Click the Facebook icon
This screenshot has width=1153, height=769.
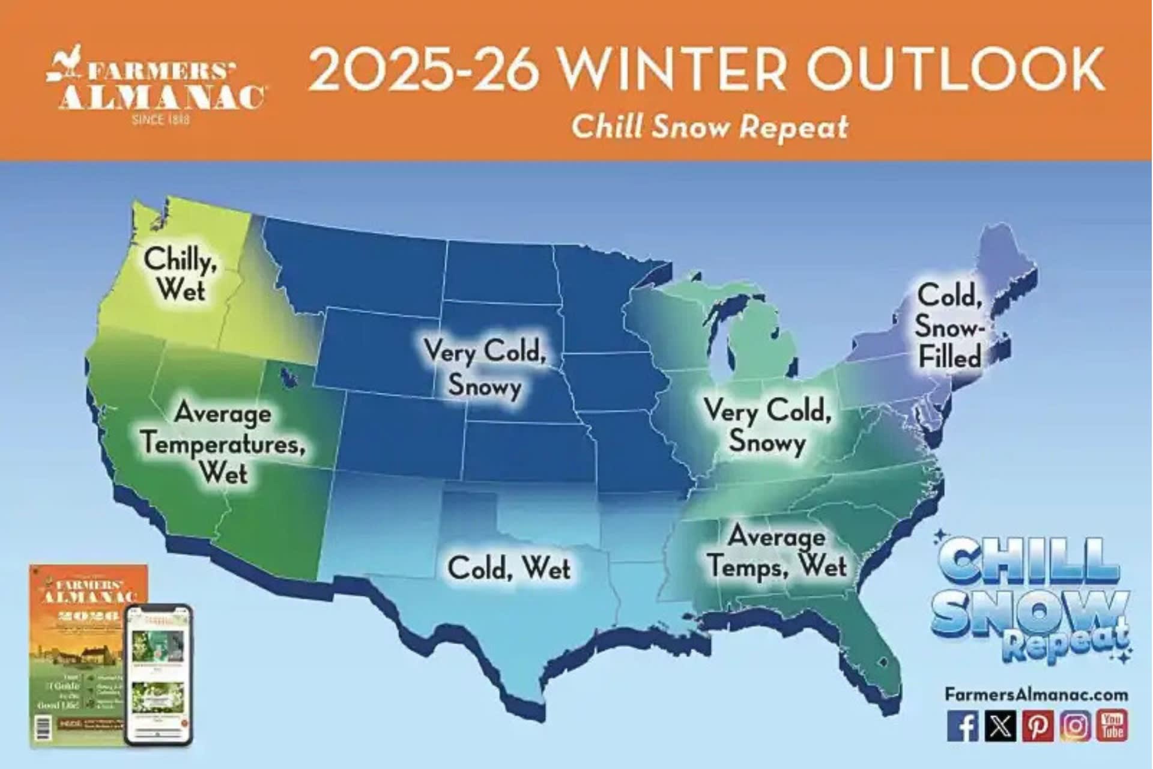(x=962, y=726)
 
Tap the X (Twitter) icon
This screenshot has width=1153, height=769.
(x=1000, y=726)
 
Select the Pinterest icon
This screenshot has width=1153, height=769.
(x=1038, y=726)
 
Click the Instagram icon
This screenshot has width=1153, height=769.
(x=1076, y=726)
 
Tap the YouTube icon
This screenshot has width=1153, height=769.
(x=1112, y=726)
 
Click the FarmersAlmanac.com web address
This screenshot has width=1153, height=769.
(x=1036, y=695)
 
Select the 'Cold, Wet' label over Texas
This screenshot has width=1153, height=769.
(x=509, y=568)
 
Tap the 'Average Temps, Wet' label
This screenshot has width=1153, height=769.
(x=777, y=552)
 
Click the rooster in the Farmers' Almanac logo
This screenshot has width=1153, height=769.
(x=66, y=66)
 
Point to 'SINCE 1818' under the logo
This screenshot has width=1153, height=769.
(x=160, y=120)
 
